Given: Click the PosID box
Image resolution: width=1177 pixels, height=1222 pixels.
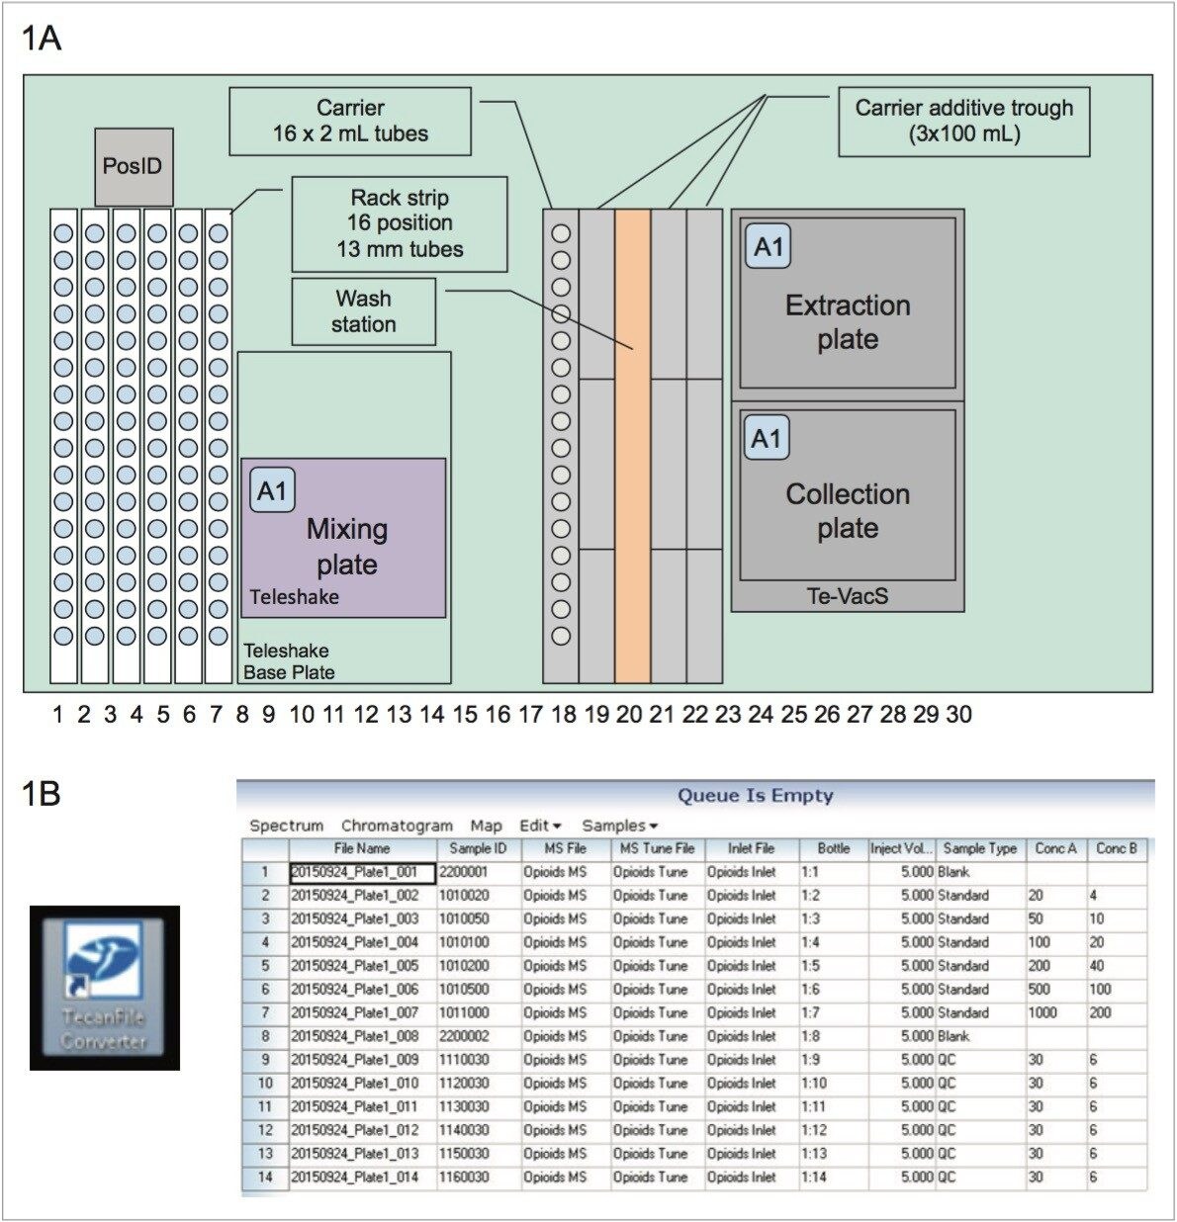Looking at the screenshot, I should (134, 166).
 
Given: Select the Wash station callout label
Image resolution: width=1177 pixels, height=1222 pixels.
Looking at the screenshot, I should (363, 311).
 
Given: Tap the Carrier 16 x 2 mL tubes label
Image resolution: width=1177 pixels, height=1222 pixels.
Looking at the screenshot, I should (350, 121).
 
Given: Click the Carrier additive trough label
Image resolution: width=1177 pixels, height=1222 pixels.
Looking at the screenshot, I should (963, 121).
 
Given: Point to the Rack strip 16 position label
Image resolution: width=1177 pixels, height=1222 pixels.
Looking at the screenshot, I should (400, 223).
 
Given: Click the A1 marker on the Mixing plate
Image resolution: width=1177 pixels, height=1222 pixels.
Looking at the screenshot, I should (272, 491).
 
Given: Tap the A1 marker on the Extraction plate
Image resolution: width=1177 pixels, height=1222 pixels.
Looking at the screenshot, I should (769, 247).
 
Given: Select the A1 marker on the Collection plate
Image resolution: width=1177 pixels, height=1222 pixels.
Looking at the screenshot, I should (767, 439).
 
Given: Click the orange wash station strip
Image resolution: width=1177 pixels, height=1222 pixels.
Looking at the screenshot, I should (632, 445).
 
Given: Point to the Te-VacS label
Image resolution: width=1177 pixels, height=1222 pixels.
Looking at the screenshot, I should (847, 596).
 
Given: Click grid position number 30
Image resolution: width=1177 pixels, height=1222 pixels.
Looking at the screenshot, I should (958, 714).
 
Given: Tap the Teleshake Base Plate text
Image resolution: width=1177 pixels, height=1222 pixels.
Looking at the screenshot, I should (289, 661).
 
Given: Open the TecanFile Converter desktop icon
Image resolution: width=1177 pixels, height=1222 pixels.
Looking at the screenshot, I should (104, 988).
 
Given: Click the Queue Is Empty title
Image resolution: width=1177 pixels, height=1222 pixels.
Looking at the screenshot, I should (755, 796).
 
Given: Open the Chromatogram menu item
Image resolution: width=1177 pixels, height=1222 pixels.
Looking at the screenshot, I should (397, 826).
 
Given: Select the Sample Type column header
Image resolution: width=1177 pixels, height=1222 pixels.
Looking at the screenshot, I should (979, 848).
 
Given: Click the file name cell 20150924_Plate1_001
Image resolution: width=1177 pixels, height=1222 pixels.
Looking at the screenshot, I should (361, 873).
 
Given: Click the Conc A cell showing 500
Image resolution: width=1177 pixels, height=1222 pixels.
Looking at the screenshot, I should (1041, 989).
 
